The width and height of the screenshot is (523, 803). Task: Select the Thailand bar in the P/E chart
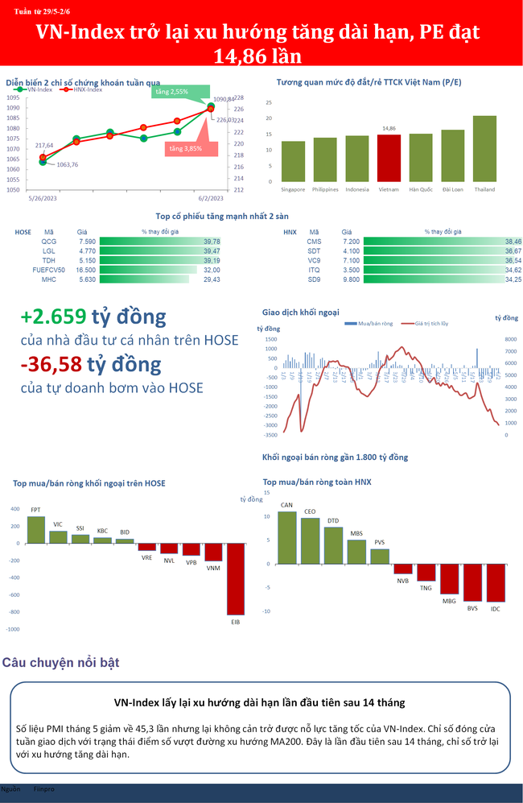click(x=484, y=149)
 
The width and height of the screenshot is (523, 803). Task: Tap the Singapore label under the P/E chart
click(x=293, y=190)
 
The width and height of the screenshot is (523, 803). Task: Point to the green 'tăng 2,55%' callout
click(x=173, y=93)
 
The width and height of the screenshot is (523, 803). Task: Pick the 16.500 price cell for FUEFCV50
click(x=85, y=271)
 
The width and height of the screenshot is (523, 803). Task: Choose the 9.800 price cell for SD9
click(x=351, y=279)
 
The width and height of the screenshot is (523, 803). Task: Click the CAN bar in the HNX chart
click(x=286, y=537)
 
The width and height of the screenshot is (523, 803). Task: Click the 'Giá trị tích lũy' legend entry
click(x=431, y=323)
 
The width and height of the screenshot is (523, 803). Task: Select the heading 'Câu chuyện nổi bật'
click(x=61, y=663)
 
